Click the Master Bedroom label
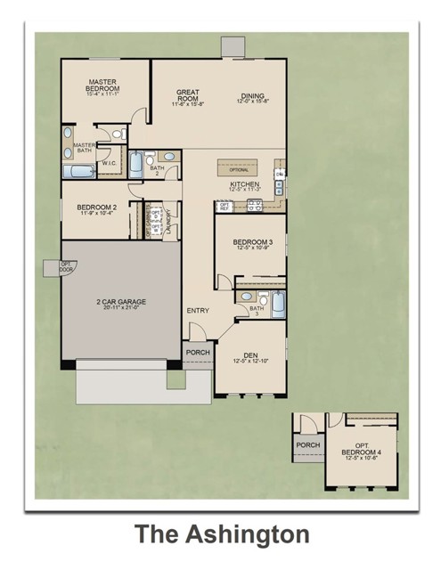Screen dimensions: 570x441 tap(102, 86)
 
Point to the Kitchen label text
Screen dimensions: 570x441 tap(244, 185)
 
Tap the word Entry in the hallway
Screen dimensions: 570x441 tap(197, 310)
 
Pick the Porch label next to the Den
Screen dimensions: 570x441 tap(197, 353)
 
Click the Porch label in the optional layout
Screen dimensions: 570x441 tap(307, 445)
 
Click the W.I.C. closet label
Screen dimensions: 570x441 tap(110, 164)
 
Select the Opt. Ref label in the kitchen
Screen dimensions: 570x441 tap(225, 207)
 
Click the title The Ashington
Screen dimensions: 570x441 tap(221, 534)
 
